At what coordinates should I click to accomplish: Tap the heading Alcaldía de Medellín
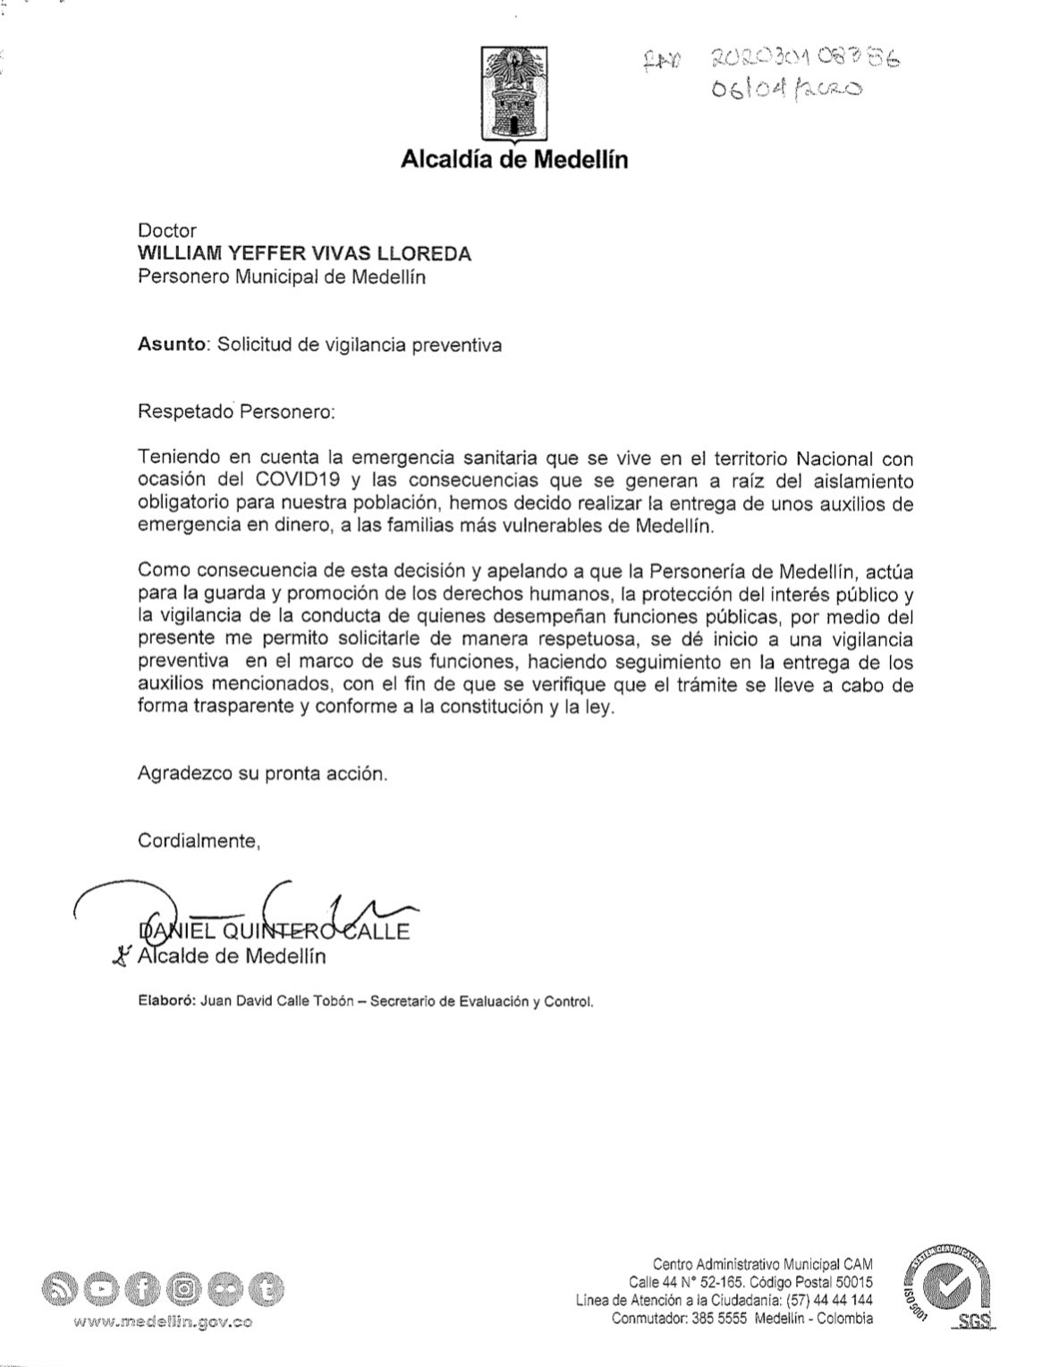pyautogui.click(x=514, y=160)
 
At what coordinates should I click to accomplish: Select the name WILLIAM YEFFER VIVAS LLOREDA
pyautogui.click(x=304, y=254)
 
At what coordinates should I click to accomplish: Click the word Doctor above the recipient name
pyautogui.click(x=166, y=231)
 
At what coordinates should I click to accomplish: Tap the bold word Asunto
pyautogui.click(x=171, y=344)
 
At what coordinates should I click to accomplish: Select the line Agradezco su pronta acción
pyautogui.click(x=263, y=773)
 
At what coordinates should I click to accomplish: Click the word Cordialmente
pyautogui.click(x=199, y=841)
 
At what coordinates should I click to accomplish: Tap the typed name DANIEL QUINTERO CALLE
pyautogui.click(x=272, y=931)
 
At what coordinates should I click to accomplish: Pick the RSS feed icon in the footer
pyautogui.click(x=58, y=1290)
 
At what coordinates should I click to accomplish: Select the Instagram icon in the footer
pyautogui.click(x=184, y=1290)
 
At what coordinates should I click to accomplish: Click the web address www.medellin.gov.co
pyautogui.click(x=163, y=1323)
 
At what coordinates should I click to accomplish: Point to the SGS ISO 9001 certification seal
pyautogui.click(x=947, y=1290)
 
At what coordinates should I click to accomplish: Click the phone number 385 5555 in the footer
pyautogui.click(x=721, y=1319)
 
